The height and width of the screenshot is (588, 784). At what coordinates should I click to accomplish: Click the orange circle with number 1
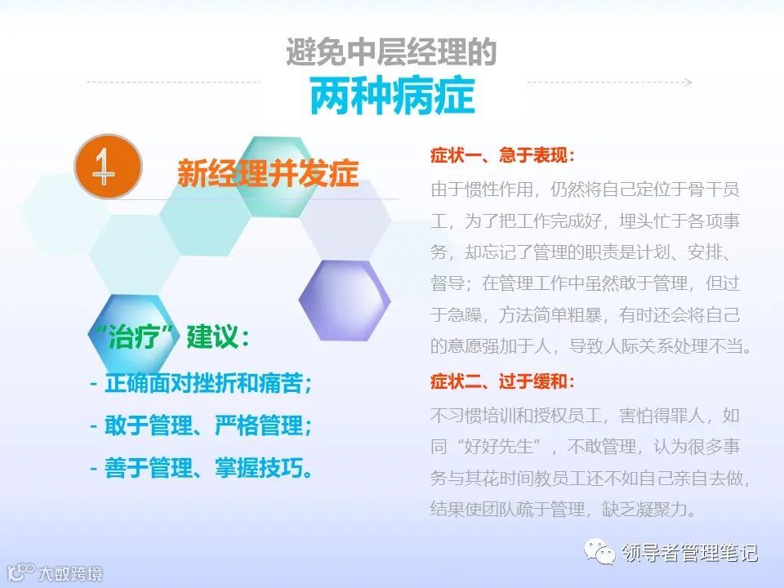[108, 167]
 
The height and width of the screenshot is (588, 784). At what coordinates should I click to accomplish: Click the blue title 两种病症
[392, 96]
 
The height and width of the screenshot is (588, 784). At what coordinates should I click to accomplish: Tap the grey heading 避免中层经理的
[391, 51]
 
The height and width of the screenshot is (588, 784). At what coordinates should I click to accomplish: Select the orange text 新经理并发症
[268, 173]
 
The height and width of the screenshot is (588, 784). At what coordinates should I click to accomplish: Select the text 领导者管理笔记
[689, 553]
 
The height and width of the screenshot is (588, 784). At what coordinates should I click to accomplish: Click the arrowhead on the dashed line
[688, 82]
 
